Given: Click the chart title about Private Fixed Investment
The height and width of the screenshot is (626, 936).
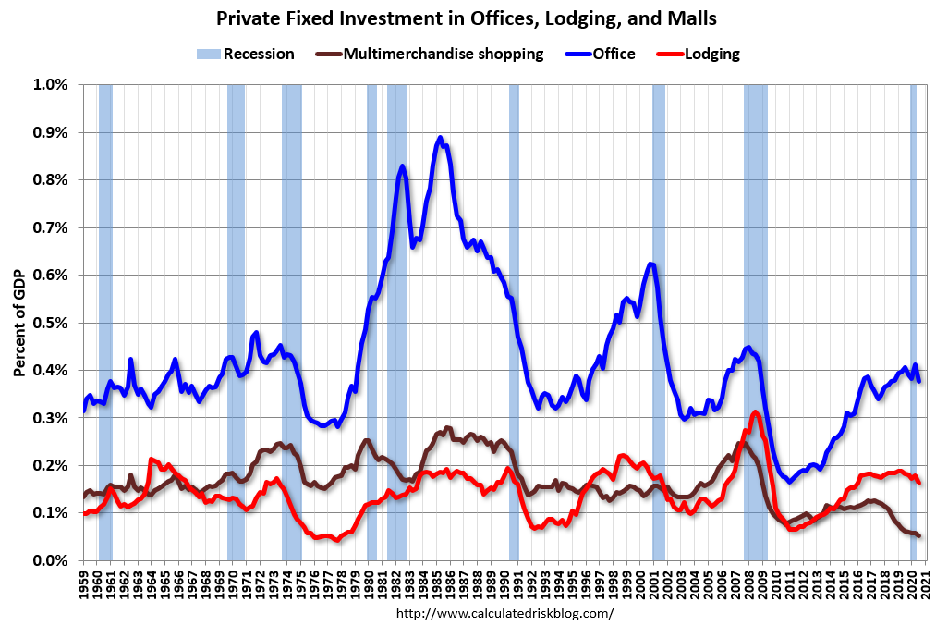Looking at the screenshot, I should [x=468, y=18].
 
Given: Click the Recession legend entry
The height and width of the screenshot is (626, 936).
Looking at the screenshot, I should [x=246, y=54].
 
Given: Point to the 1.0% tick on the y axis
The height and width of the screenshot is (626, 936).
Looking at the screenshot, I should [x=51, y=84].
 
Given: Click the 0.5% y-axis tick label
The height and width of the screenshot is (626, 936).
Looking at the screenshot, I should [x=51, y=323].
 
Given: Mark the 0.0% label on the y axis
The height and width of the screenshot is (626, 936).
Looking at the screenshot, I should [x=51, y=560].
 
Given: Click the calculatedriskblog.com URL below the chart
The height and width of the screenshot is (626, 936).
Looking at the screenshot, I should [x=504, y=612].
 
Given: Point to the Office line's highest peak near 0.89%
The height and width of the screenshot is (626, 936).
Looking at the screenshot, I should [x=440, y=138].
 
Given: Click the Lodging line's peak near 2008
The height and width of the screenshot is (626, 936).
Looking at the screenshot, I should [x=756, y=412].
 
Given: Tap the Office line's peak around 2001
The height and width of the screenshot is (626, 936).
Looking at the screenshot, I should [x=651, y=264].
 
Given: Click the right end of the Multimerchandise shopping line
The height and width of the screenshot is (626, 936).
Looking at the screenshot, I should [x=918, y=535].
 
